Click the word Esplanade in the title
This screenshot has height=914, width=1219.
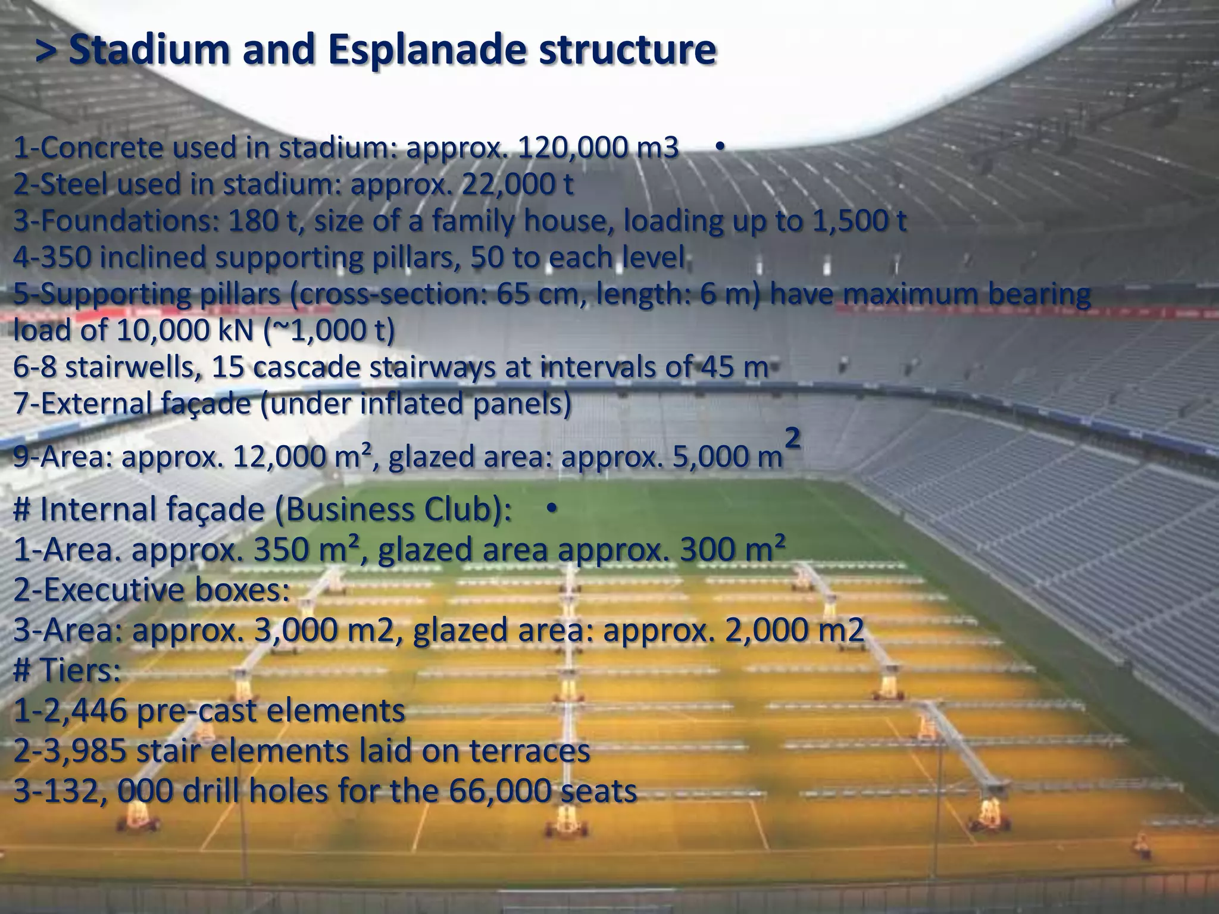click(426, 50)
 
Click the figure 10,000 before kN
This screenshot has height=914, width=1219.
click(155, 331)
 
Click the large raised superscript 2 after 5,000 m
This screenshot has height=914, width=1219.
click(793, 441)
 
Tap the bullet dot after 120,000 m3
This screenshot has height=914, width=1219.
click(719, 148)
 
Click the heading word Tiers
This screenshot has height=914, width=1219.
click(79, 671)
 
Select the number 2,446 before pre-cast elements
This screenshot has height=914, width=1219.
click(83, 710)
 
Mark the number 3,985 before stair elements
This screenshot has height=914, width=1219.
click(83, 751)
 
